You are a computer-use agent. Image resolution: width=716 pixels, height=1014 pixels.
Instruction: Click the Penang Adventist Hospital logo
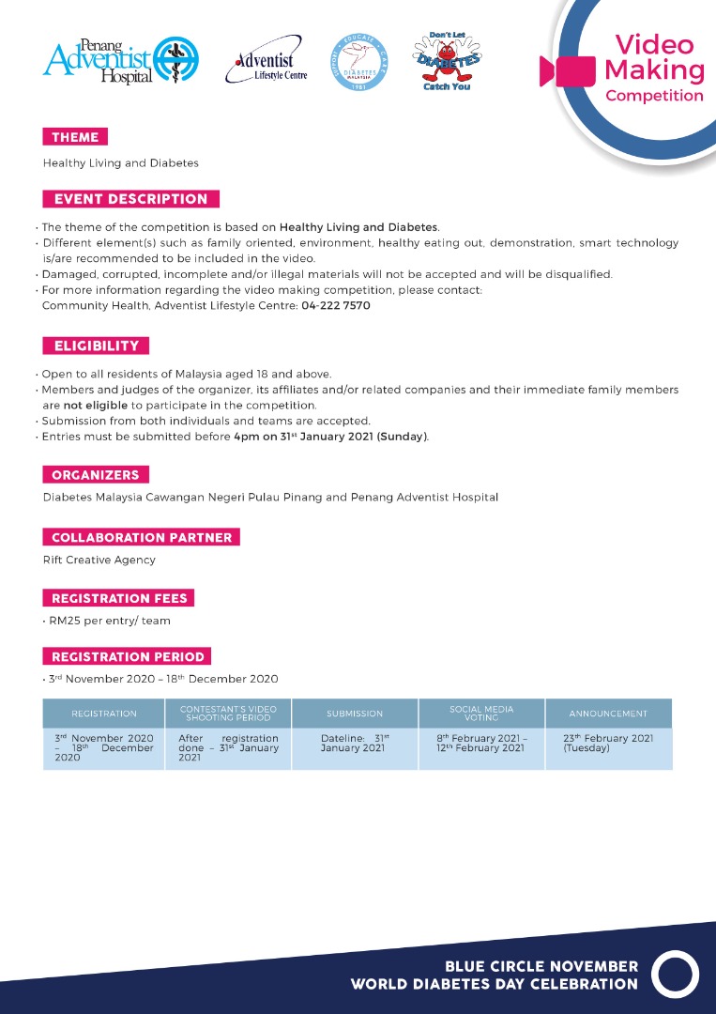coord(120,60)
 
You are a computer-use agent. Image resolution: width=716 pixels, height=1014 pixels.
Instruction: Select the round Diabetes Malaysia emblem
coord(358,61)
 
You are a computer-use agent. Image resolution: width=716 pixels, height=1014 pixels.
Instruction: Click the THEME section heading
coord(75,137)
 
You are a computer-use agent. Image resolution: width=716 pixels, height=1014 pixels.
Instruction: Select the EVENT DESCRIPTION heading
coord(130,199)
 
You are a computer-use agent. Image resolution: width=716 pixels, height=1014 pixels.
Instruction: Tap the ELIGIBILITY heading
coord(96,346)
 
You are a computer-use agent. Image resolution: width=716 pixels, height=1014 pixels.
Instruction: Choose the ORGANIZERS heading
coord(96,475)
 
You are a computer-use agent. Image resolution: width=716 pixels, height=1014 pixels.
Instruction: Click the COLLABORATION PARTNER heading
coord(141,538)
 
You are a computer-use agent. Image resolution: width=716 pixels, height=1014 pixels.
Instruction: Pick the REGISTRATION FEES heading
coord(118,598)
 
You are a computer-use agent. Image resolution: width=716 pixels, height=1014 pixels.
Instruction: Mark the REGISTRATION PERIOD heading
coord(127,656)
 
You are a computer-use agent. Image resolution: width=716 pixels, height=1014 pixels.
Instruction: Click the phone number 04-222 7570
coord(335,306)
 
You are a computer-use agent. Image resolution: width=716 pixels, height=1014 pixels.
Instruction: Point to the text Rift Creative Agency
coord(99,560)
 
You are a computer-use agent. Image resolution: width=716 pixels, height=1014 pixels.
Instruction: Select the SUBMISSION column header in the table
coord(355,714)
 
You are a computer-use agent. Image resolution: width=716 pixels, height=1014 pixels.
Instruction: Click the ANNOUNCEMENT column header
coord(608,714)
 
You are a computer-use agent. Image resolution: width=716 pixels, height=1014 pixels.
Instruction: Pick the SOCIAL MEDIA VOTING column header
coord(481,714)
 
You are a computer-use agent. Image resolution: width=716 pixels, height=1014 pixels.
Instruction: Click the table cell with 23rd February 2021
coord(608,743)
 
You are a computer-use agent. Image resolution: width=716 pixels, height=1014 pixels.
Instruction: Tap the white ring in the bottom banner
coord(676,975)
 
